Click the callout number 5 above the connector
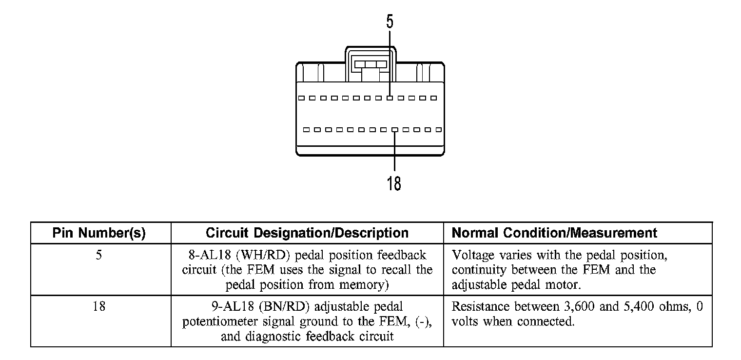(x=390, y=22)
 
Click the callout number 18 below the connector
(x=394, y=183)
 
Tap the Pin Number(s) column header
(x=99, y=233)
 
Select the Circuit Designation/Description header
(x=307, y=233)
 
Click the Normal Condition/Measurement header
(x=555, y=233)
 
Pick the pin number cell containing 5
(x=99, y=255)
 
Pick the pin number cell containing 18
(x=99, y=307)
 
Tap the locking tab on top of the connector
(x=370, y=64)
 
